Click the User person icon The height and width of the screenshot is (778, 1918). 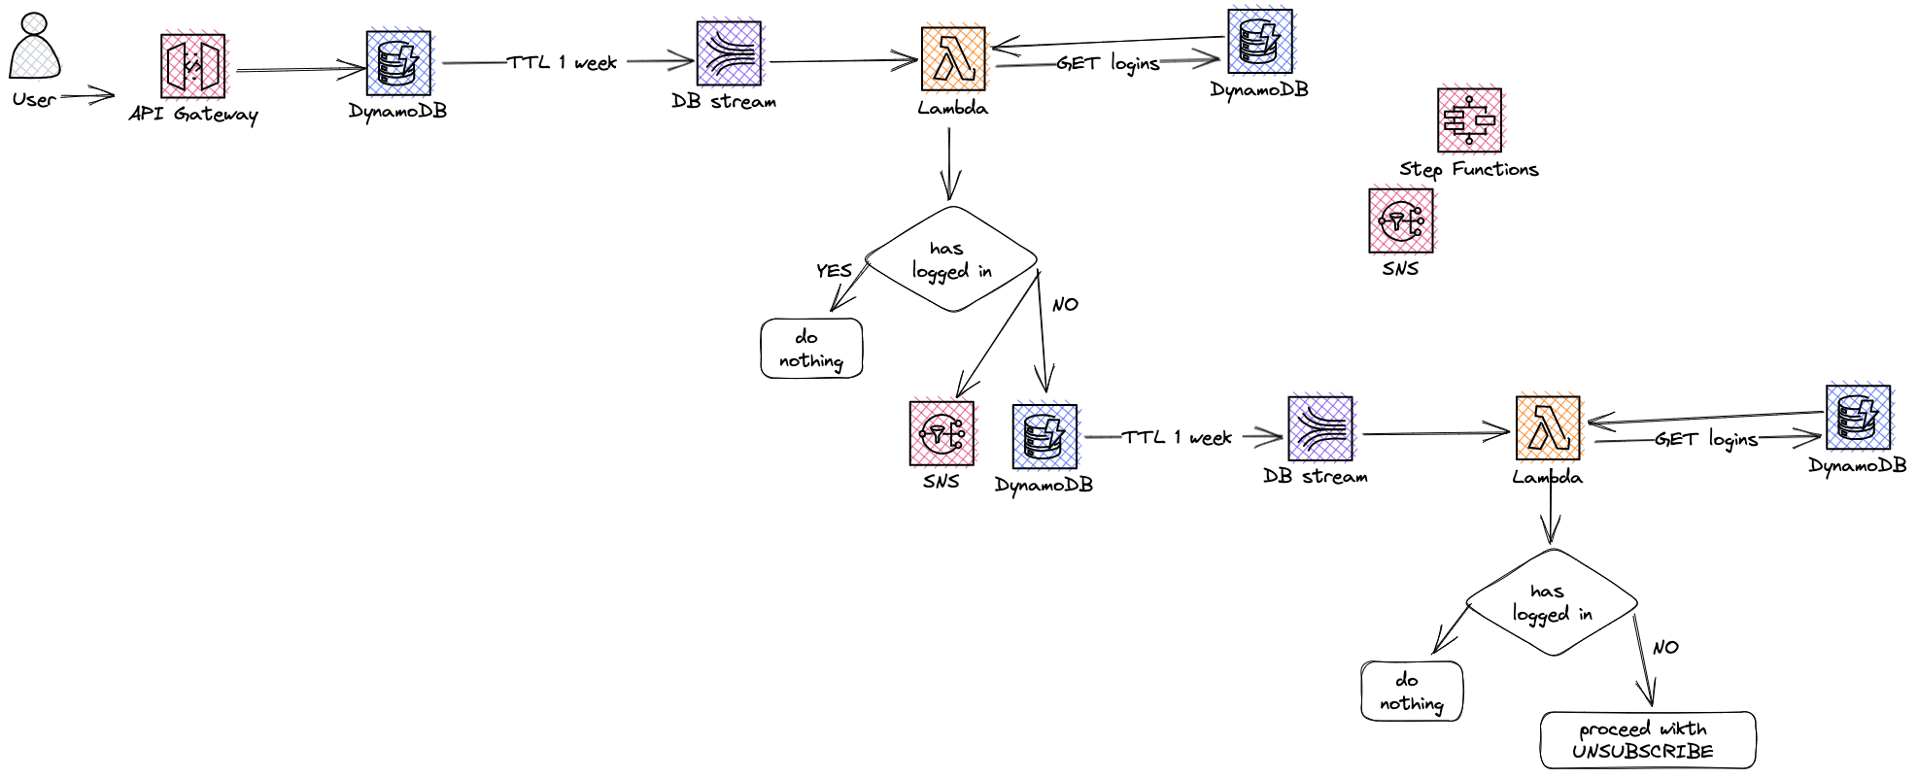(35, 47)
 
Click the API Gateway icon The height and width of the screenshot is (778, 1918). (193, 66)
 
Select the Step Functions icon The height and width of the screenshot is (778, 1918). (1469, 120)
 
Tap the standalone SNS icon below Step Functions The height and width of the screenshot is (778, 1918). (1400, 220)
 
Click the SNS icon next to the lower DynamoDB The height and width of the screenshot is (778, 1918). (942, 433)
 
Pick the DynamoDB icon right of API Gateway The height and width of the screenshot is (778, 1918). (398, 63)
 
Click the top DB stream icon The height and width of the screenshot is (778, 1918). (729, 54)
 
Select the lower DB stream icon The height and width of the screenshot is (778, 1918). (1319, 428)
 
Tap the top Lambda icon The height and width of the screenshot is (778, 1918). (953, 59)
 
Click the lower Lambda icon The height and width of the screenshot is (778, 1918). (1548, 427)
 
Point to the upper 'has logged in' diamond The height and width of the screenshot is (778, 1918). (951, 259)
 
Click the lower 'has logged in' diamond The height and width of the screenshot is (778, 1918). (1552, 602)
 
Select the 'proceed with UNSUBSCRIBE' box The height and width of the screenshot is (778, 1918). (1647, 740)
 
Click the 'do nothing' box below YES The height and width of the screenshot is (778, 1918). (811, 349)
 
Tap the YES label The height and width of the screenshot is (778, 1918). (834, 271)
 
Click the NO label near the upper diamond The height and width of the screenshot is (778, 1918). (1065, 305)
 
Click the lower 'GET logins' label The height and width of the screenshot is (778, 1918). (1706, 440)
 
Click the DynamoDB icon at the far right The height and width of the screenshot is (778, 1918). (1858, 417)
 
